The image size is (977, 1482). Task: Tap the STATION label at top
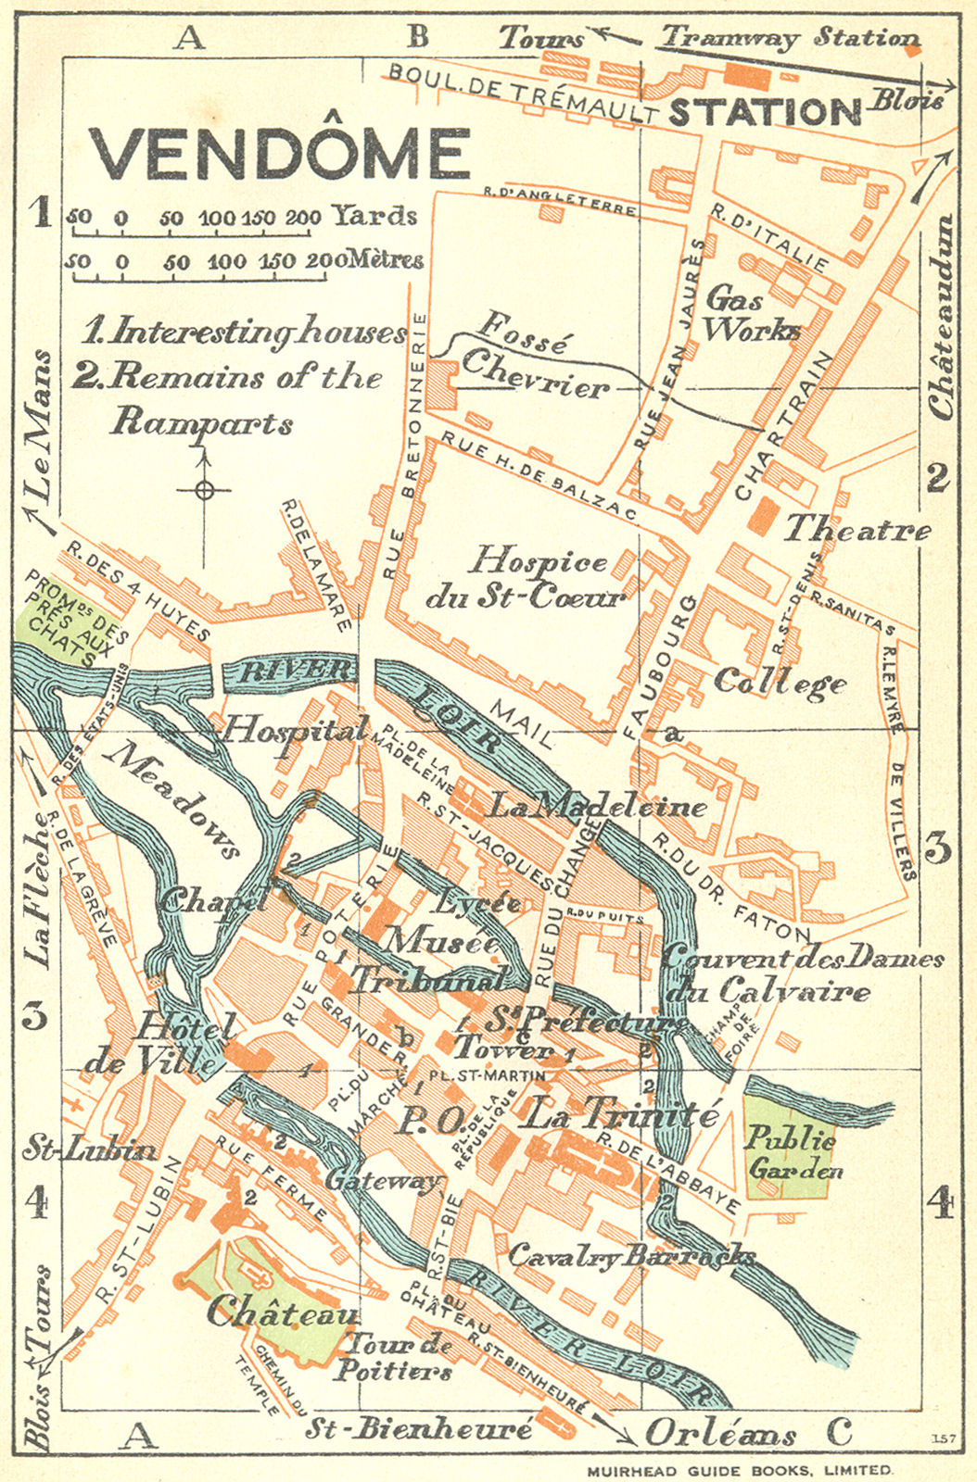765,112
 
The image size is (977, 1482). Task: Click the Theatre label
857,530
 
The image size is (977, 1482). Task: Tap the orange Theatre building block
761,514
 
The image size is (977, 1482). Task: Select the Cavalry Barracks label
630,1256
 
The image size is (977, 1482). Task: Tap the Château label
282,1312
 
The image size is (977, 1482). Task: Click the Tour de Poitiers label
394,1358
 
